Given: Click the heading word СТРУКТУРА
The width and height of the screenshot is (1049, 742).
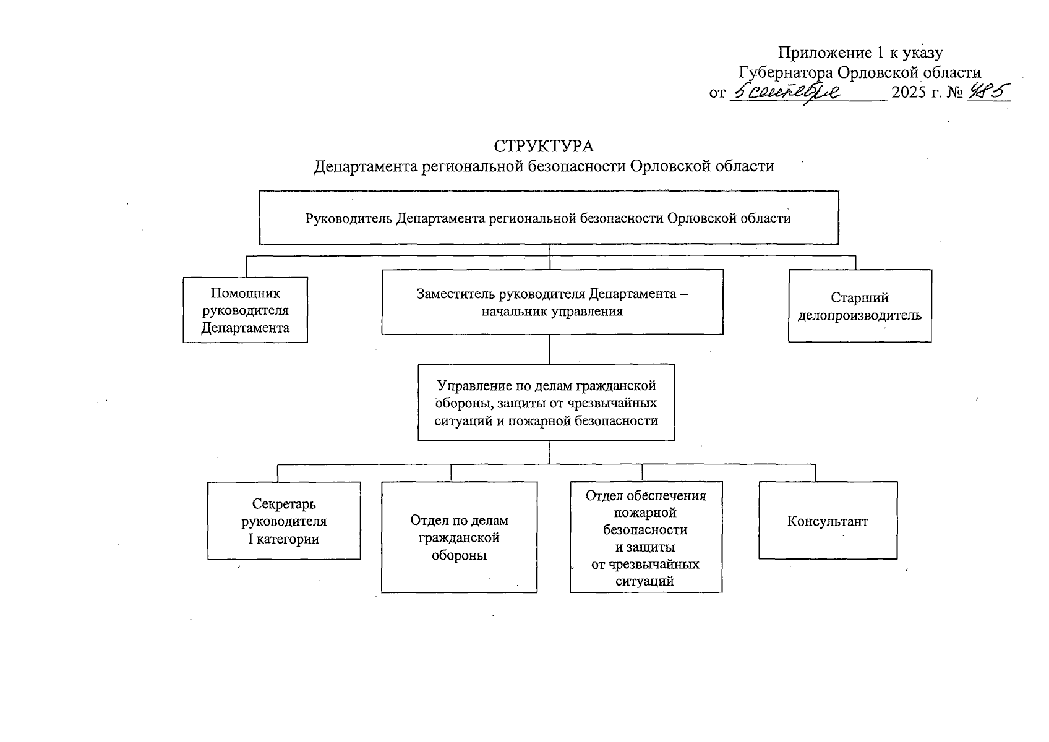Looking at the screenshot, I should tap(544, 147).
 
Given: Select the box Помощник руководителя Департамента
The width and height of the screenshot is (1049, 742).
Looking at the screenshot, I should tap(245, 310).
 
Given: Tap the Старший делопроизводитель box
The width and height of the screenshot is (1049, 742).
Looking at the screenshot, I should tap(859, 306).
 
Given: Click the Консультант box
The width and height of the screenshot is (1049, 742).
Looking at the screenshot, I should tap(828, 521).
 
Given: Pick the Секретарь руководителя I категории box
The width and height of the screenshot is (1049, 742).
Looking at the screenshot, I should tap(284, 521).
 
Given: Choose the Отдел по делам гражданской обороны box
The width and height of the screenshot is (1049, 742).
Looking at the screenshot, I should tap(459, 537).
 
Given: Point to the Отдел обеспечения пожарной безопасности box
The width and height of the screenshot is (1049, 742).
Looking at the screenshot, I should tap(645, 537).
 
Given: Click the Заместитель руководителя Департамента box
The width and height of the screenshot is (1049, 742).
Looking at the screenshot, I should tap(552, 302).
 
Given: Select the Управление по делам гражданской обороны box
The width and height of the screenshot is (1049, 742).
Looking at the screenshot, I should tap(546, 402).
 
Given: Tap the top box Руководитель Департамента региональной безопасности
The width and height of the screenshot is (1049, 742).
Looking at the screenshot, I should tap(548, 218).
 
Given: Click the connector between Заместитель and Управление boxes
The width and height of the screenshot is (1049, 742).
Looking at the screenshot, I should tap(550, 349).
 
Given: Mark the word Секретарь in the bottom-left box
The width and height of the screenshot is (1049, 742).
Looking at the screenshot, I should tap(284, 504).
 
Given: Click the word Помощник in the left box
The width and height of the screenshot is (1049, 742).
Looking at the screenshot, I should tap(245, 293).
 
